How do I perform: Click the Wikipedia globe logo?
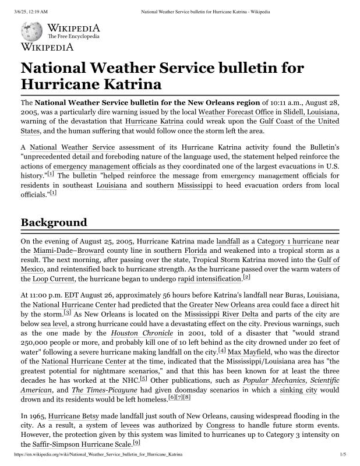31,31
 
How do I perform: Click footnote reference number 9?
136,443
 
